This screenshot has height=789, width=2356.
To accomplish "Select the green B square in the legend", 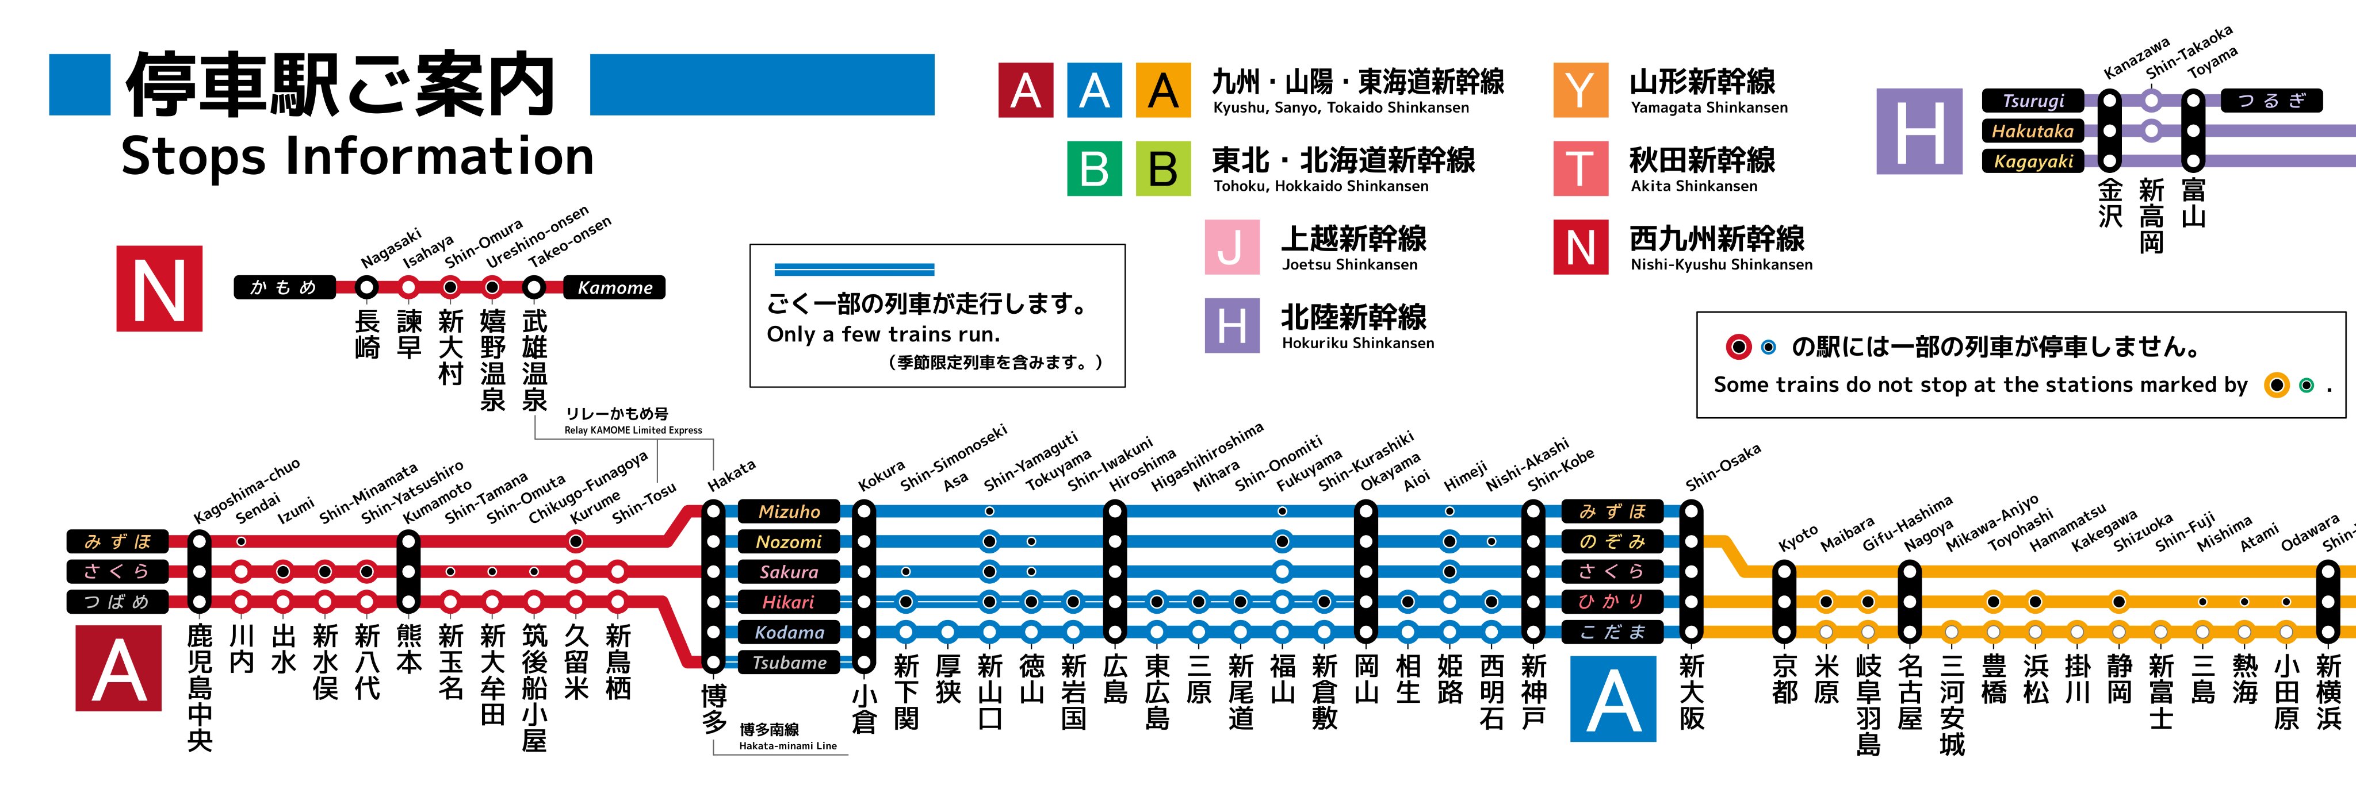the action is point(1094,168).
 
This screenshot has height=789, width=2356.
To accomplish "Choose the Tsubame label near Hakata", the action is point(789,663).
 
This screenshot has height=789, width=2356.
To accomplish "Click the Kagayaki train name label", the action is point(2032,162).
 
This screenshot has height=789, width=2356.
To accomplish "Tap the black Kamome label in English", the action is point(615,288).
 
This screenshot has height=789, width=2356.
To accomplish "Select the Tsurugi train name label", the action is point(2032,101).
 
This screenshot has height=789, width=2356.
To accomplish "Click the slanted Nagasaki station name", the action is point(391,247).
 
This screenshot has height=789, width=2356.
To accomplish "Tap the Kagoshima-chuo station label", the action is point(247,491).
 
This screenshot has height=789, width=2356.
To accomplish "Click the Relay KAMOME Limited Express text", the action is point(633,430).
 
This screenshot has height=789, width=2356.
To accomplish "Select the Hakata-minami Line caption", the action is point(787,746).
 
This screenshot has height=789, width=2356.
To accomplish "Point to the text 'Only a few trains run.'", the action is point(883,334).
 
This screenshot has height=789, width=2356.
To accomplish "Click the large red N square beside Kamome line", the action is point(159,288).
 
